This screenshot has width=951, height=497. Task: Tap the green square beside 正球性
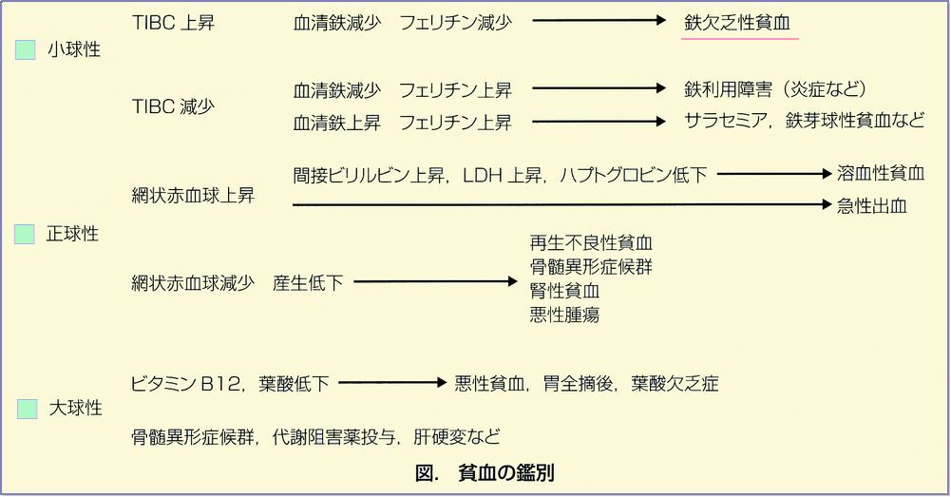click(x=25, y=234)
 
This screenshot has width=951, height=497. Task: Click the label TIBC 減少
click(x=173, y=106)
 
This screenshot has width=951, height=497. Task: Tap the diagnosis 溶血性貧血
click(x=880, y=174)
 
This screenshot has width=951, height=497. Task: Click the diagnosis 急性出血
click(x=871, y=205)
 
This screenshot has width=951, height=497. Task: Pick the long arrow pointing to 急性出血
click(x=561, y=204)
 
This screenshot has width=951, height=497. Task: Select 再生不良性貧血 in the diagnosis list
click(x=591, y=243)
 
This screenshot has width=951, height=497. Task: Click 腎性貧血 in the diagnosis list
click(x=564, y=291)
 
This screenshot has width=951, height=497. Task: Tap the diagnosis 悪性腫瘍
click(x=564, y=315)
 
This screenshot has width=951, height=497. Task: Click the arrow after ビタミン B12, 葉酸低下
click(x=391, y=384)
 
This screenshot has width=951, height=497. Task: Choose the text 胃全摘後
click(x=575, y=384)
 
